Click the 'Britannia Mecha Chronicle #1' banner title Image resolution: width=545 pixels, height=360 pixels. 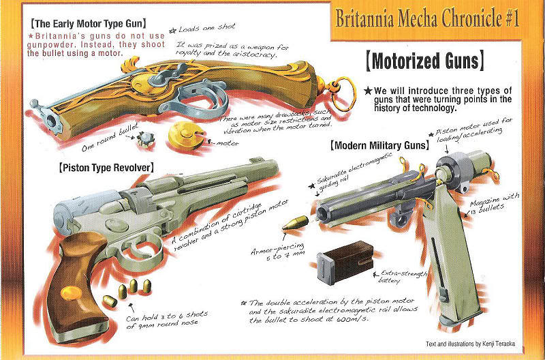pyautogui.click(x=427, y=18)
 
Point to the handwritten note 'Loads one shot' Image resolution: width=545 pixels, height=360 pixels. pyautogui.click(x=206, y=27)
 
